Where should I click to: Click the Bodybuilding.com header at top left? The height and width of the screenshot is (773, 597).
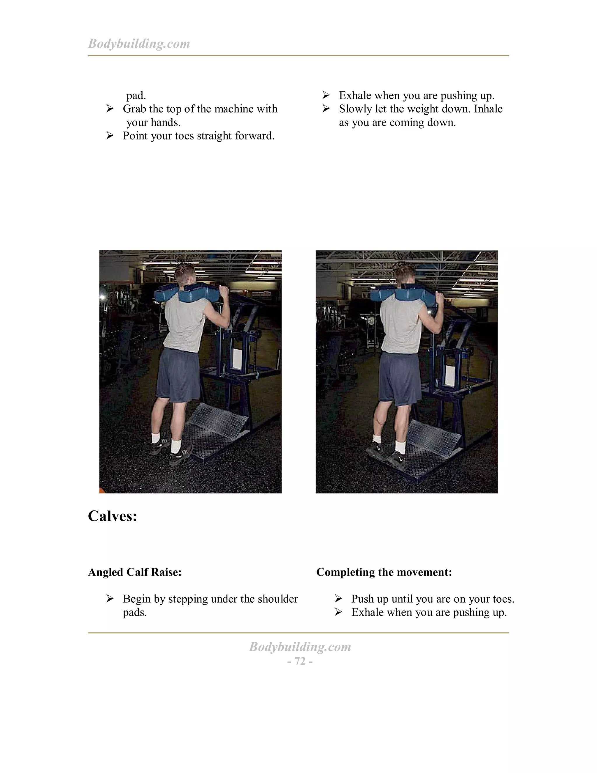coord(139,43)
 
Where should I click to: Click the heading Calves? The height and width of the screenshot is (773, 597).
coord(113,516)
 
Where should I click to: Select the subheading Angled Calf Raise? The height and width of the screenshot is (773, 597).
coord(134,572)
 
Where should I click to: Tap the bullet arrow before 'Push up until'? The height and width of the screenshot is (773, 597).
coord(338,599)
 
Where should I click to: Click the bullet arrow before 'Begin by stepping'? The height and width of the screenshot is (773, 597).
coord(110,599)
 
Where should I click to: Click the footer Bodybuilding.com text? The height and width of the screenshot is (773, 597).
coord(300,647)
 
